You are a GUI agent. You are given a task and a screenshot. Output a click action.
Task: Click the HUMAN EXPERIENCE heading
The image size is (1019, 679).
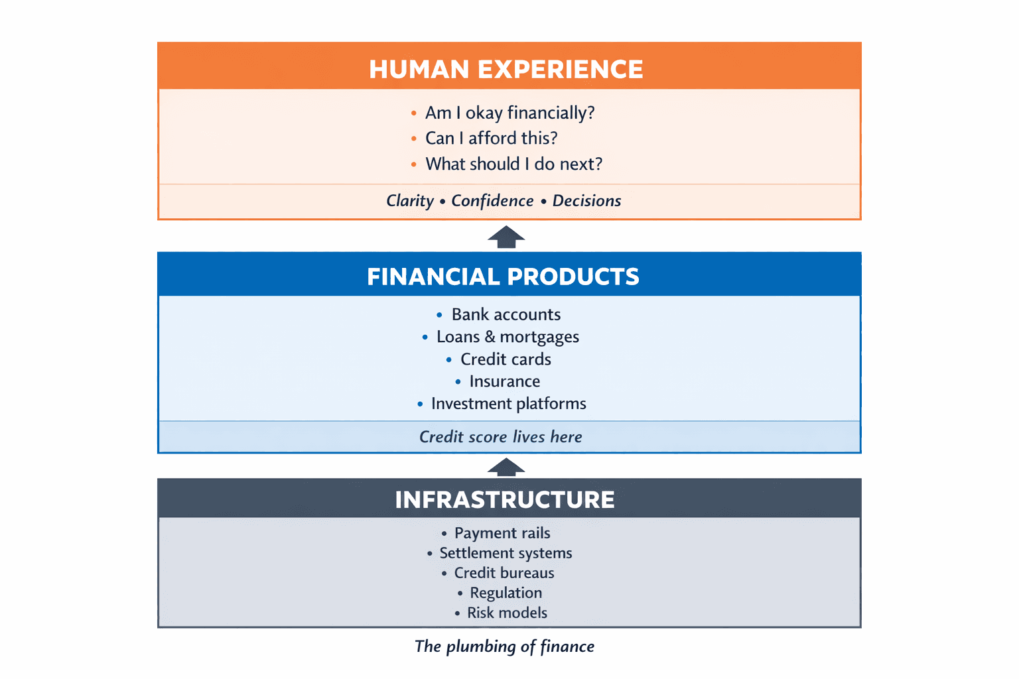coord(506,69)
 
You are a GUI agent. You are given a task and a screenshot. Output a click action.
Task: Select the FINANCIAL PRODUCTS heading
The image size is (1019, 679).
coord(503,277)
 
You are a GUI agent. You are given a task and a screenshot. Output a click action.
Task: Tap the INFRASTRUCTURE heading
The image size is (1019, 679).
coord(505,499)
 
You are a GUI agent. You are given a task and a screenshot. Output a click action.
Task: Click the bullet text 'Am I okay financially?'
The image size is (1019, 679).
coord(509,113)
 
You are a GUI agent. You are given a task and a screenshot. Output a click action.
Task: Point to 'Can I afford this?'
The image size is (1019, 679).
coord(491,138)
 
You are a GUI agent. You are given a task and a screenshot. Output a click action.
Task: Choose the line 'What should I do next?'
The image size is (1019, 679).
coord(513,164)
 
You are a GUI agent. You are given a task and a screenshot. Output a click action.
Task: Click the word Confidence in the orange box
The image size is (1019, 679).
coord(492,201)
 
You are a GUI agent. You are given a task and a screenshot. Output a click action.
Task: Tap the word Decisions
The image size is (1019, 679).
coord(586,201)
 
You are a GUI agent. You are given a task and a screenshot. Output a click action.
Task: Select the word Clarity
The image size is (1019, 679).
coord(410,201)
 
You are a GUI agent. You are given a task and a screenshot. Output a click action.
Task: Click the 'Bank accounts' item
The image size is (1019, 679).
coord(506,314)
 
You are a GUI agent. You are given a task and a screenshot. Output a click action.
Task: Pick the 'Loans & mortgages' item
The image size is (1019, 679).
coord(508,337)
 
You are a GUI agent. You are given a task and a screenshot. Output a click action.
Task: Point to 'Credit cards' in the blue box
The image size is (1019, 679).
coord(506,359)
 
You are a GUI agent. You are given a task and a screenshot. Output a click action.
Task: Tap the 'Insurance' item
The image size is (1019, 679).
coord(504,381)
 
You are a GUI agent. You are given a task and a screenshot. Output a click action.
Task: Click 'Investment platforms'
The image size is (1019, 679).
coord(508,404)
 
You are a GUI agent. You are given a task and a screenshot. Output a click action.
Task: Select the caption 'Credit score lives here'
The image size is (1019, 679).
coord(500,437)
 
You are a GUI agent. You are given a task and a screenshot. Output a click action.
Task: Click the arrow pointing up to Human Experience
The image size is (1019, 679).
coord(506,237)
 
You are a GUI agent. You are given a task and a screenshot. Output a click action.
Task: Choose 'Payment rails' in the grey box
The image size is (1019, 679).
coord(502,533)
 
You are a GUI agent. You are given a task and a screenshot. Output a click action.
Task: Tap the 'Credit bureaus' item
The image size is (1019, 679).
coord(504,573)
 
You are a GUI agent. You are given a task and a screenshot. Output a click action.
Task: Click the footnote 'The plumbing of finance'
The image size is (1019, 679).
coord(504,647)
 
